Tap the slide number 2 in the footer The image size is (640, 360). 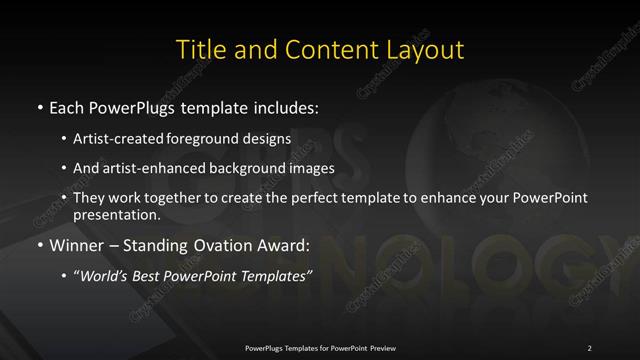pos(590,347)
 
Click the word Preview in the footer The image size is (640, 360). pos(380,347)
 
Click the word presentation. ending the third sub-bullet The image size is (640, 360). pos(116,215)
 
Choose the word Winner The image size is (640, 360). pos(76,244)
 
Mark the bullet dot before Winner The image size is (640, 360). pos(39,245)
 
